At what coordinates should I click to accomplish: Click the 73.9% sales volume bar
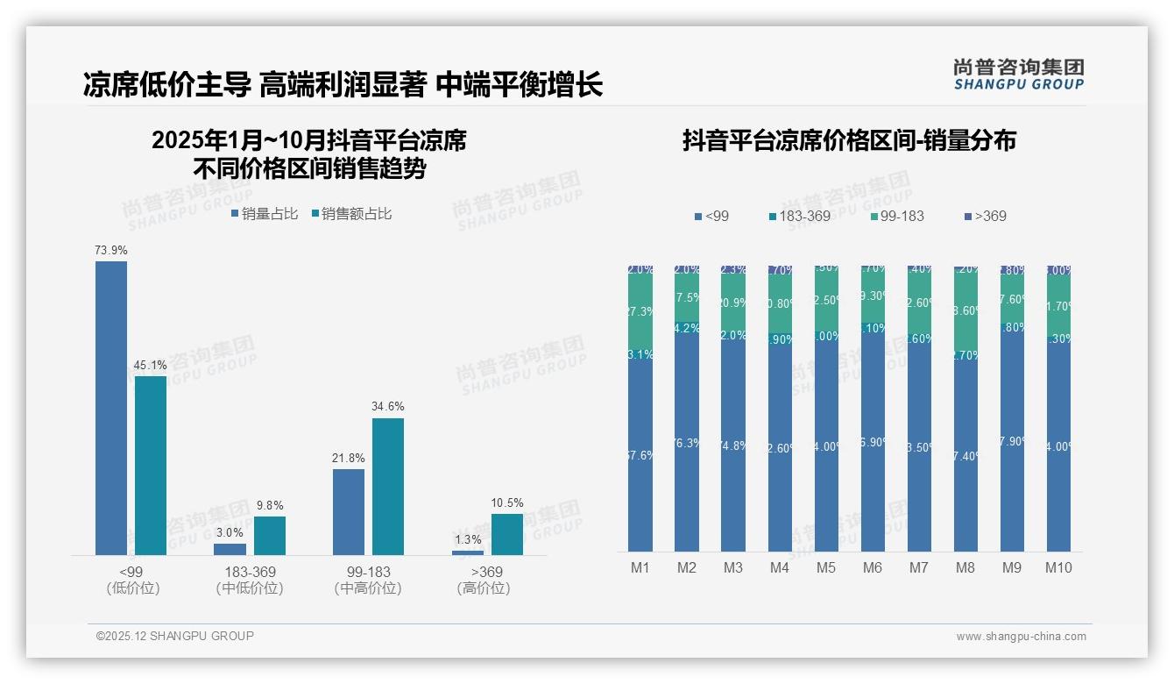click(x=111, y=408)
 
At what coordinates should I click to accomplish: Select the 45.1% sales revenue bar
click(x=151, y=466)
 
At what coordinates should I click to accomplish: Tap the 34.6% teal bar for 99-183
click(x=388, y=487)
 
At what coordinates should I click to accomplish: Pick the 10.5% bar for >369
click(x=506, y=534)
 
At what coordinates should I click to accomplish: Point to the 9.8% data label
click(x=269, y=505)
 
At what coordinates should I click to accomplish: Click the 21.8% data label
click(x=349, y=458)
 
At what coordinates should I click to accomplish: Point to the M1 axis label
click(x=640, y=567)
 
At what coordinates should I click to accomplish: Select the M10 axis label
click(x=1058, y=567)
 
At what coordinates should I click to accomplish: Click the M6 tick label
click(x=873, y=567)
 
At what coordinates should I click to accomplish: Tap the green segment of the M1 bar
click(x=640, y=311)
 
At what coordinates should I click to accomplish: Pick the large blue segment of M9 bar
click(x=1012, y=438)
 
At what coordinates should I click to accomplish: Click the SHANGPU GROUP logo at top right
click(x=1019, y=75)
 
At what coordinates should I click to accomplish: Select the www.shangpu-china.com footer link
click(x=1021, y=637)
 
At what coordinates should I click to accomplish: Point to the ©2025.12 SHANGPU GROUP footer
click(x=175, y=636)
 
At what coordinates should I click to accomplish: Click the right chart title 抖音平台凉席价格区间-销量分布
click(x=849, y=141)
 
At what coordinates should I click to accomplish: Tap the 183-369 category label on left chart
click(x=250, y=572)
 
